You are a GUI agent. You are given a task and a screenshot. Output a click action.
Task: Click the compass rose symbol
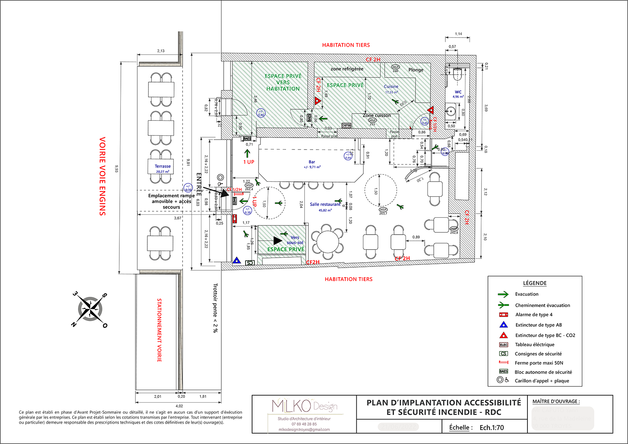pos(90,309)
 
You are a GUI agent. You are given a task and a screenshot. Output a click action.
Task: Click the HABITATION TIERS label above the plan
pos(346,45)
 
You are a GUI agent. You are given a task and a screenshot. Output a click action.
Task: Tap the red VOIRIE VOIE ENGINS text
pos(102,176)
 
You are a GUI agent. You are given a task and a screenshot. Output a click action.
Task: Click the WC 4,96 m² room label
pos(458,94)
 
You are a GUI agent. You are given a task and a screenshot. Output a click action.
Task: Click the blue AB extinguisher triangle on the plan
pos(237,261)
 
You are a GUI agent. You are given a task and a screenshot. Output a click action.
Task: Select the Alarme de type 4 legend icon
pos(503,315)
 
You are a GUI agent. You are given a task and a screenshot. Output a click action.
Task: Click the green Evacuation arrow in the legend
pos(503,294)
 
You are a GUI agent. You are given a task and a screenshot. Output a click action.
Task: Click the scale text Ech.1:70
pos(491,428)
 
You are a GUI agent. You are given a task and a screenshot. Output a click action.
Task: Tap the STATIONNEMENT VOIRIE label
pos(159,330)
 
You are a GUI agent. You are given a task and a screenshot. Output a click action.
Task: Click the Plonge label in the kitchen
pos(416,70)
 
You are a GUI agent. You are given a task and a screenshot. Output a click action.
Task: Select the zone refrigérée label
pos(347,69)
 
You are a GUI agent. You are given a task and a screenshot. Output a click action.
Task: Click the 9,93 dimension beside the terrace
pos(116,168)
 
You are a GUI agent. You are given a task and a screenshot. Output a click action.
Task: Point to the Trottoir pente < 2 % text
pos(215,308)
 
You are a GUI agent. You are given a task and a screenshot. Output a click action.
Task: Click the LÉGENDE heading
pos(535,283)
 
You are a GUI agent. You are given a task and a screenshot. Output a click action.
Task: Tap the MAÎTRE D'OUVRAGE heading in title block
pos(556,401)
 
